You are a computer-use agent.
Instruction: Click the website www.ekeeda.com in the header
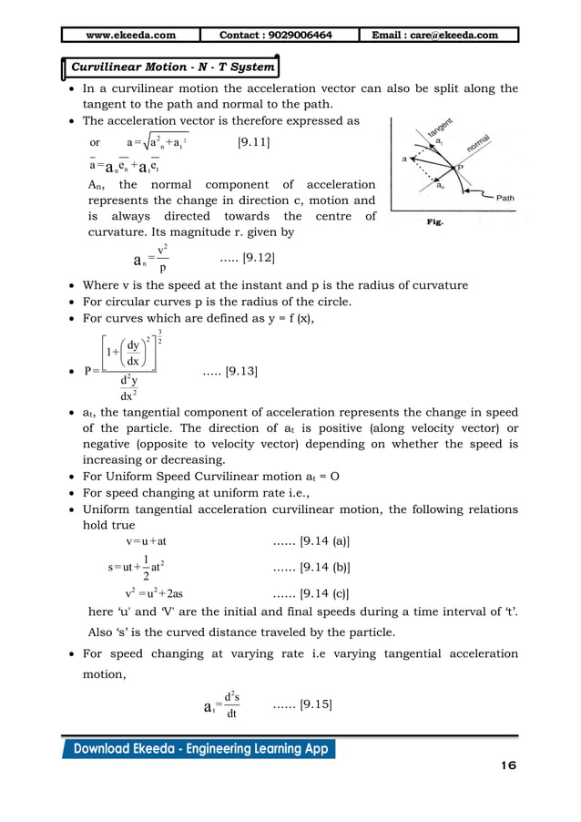[130, 36]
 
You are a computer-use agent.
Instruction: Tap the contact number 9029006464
[276, 36]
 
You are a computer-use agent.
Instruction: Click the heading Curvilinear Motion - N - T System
[172, 67]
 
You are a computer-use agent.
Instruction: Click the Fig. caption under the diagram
[434, 221]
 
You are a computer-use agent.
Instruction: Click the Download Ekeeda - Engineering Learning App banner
[199, 749]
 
